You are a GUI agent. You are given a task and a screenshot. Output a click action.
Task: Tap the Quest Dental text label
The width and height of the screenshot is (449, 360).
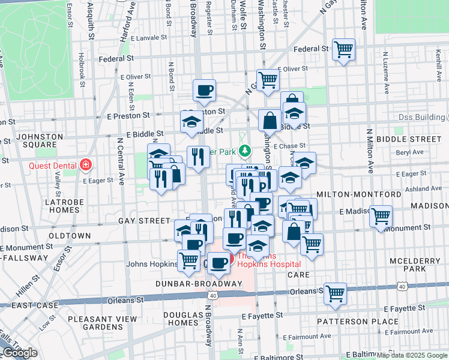(53, 165)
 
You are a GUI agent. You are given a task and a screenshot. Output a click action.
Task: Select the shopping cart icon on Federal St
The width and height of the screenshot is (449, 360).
(343, 49)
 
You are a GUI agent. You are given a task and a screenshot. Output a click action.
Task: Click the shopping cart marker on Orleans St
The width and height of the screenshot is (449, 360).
(335, 293)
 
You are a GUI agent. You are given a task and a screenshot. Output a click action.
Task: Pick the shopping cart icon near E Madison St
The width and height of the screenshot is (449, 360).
(381, 216)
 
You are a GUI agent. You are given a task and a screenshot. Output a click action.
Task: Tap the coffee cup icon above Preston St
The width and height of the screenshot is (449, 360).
(204, 90)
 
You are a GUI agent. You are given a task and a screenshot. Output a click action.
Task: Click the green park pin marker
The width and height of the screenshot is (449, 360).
(245, 150)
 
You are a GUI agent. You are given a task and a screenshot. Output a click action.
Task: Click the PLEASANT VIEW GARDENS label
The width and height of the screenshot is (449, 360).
(102, 323)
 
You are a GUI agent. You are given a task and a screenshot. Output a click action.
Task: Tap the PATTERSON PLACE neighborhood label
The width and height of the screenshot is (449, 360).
(358, 322)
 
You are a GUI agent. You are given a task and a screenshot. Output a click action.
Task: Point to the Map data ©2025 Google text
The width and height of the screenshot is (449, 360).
(412, 355)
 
